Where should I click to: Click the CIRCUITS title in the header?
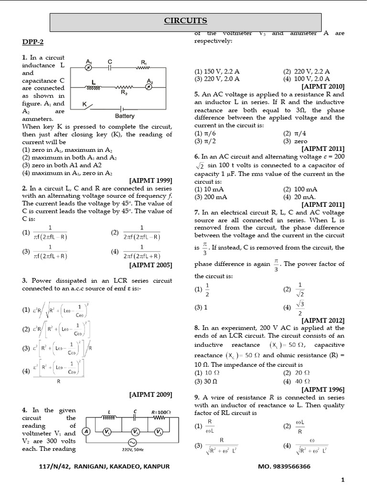point(185,21)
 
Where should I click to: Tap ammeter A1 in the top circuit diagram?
point(88,68)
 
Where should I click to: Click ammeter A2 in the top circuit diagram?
point(150,87)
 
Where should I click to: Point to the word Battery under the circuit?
point(125,116)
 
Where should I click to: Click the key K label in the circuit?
point(84,104)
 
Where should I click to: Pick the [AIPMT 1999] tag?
point(151,180)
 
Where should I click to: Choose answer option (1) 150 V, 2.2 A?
point(217,71)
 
